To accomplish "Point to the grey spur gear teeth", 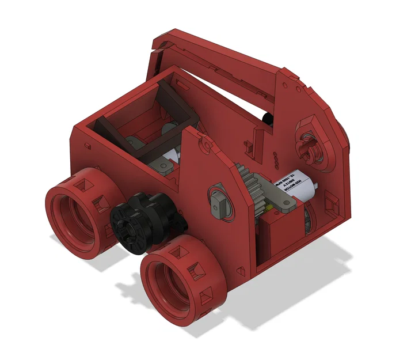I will point(253,182).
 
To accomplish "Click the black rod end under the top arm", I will point(268,118).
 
